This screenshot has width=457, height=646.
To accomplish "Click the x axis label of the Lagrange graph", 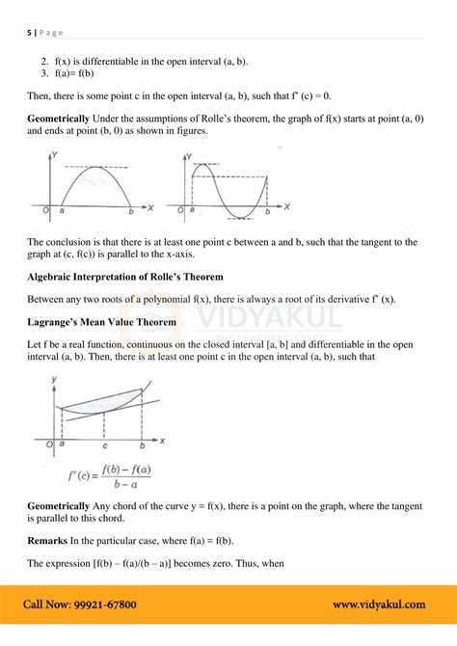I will click(163, 440).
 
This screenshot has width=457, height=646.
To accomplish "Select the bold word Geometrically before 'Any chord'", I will click(59, 506).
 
